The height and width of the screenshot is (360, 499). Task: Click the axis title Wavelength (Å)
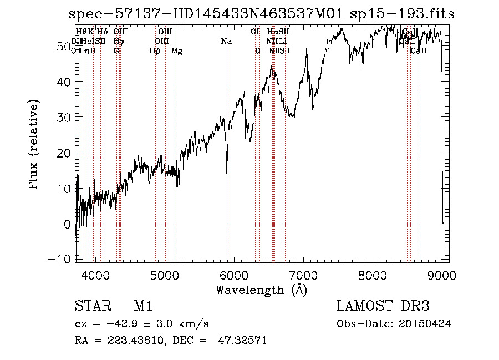(x=261, y=290)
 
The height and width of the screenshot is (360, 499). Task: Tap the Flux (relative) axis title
(x=35, y=145)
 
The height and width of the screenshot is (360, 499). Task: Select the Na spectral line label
(x=226, y=41)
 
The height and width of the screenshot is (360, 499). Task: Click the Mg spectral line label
(x=177, y=51)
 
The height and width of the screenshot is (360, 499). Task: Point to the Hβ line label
(x=155, y=51)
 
